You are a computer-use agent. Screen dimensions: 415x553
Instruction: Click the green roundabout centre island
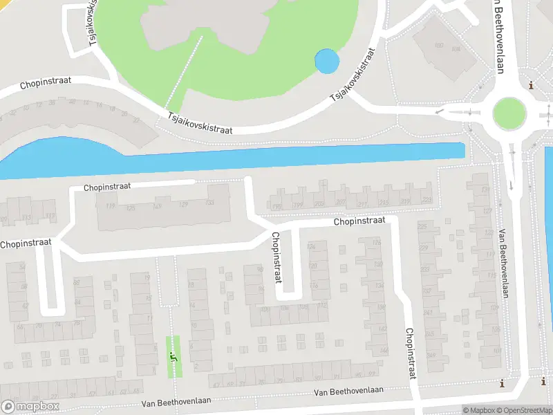click(x=509, y=113)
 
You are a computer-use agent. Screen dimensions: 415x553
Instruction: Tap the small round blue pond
click(x=327, y=62)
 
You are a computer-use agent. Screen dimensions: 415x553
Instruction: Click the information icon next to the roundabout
click(x=531, y=85)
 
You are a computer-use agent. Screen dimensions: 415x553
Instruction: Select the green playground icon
click(x=171, y=356)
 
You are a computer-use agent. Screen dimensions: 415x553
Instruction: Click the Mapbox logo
click(x=29, y=407)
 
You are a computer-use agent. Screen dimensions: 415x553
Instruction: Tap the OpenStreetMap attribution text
click(x=527, y=410)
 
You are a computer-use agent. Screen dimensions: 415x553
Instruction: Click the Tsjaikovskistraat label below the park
click(x=200, y=124)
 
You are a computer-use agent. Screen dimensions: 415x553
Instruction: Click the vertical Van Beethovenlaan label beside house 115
click(x=503, y=264)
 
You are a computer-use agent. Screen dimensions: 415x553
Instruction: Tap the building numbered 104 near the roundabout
click(x=456, y=50)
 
